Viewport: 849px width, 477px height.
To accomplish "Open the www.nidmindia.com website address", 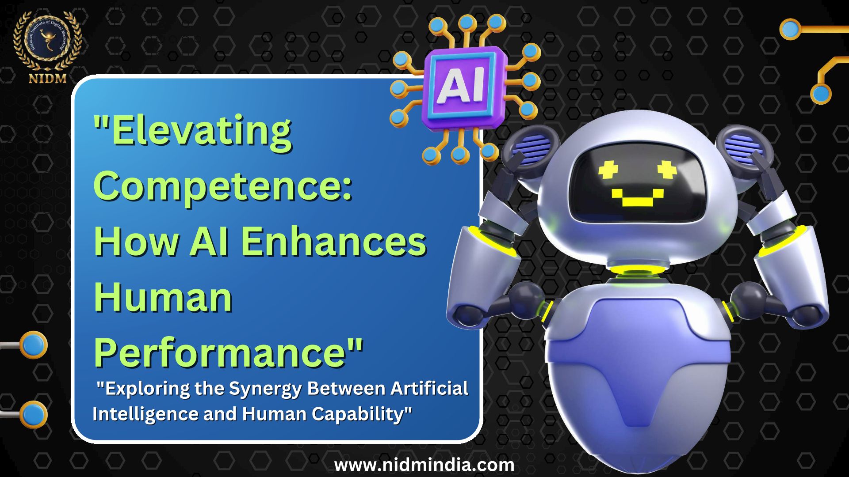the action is (424, 465).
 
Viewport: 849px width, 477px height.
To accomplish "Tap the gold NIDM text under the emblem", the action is (47, 79).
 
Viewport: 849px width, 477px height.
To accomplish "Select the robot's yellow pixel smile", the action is (637, 198).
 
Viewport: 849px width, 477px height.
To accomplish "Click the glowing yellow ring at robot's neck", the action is (637, 272).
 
